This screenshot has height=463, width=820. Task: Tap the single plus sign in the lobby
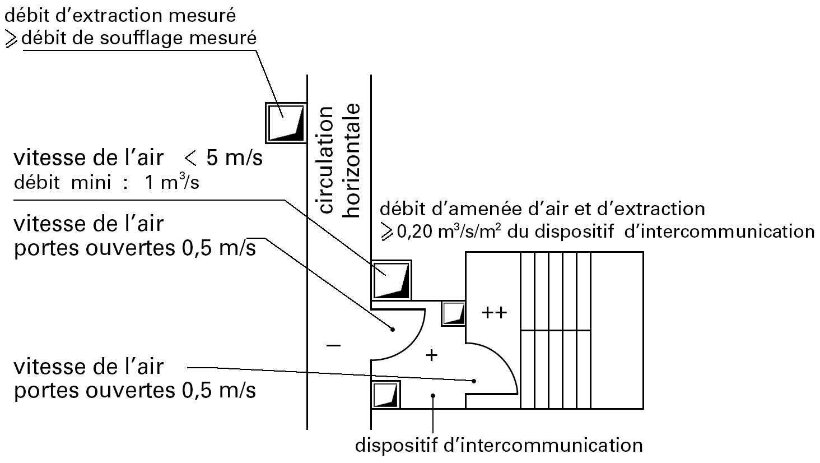pos(431,355)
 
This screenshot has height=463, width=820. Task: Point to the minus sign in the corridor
pos(333,346)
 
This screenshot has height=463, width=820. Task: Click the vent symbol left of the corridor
pos(286,122)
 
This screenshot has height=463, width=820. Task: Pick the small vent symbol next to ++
pos(454,313)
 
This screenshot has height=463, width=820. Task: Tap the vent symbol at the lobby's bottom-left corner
pos(386,395)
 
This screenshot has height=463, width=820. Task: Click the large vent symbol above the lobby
pos(392,280)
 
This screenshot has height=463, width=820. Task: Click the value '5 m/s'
pos(234,158)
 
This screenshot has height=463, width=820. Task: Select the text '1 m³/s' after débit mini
pos(171,183)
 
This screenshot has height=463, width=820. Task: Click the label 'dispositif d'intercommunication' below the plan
pos(498,446)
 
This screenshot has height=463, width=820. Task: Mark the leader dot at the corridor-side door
pos(393,329)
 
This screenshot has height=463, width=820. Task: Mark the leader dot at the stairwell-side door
pos(474,381)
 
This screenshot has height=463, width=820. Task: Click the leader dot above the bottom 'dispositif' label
pos(433,396)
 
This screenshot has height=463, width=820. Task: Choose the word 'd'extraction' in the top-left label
pos(90,15)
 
